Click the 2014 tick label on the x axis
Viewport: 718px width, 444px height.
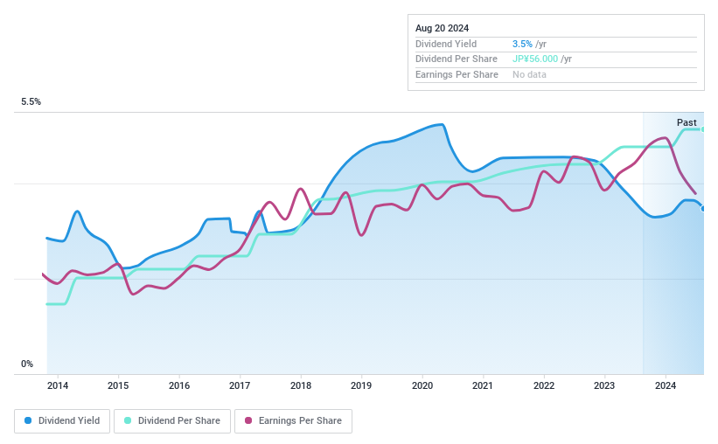click(57, 385)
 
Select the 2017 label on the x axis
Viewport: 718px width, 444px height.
click(240, 385)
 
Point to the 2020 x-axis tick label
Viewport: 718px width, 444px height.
click(422, 385)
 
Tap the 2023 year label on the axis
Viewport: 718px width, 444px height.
click(604, 385)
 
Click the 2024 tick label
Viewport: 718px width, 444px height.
click(666, 385)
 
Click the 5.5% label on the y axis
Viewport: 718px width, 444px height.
click(31, 102)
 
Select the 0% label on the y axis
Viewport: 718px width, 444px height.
click(27, 364)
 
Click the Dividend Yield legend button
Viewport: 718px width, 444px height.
click(62, 421)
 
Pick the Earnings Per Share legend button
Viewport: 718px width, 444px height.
click(293, 421)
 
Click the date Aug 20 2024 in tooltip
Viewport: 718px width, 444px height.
click(442, 28)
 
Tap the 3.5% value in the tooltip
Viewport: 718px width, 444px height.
click(521, 44)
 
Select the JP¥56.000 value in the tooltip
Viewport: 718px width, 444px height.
click(534, 59)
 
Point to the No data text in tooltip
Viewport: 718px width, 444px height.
click(530, 75)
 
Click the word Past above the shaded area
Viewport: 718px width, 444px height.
click(687, 122)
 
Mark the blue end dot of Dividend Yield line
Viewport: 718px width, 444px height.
click(703, 208)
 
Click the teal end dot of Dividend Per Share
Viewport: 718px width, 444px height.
click(703, 129)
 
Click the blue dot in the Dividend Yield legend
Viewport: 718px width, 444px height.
click(28, 421)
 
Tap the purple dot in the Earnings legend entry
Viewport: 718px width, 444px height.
click(248, 421)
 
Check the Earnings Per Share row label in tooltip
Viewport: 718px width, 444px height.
click(457, 75)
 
